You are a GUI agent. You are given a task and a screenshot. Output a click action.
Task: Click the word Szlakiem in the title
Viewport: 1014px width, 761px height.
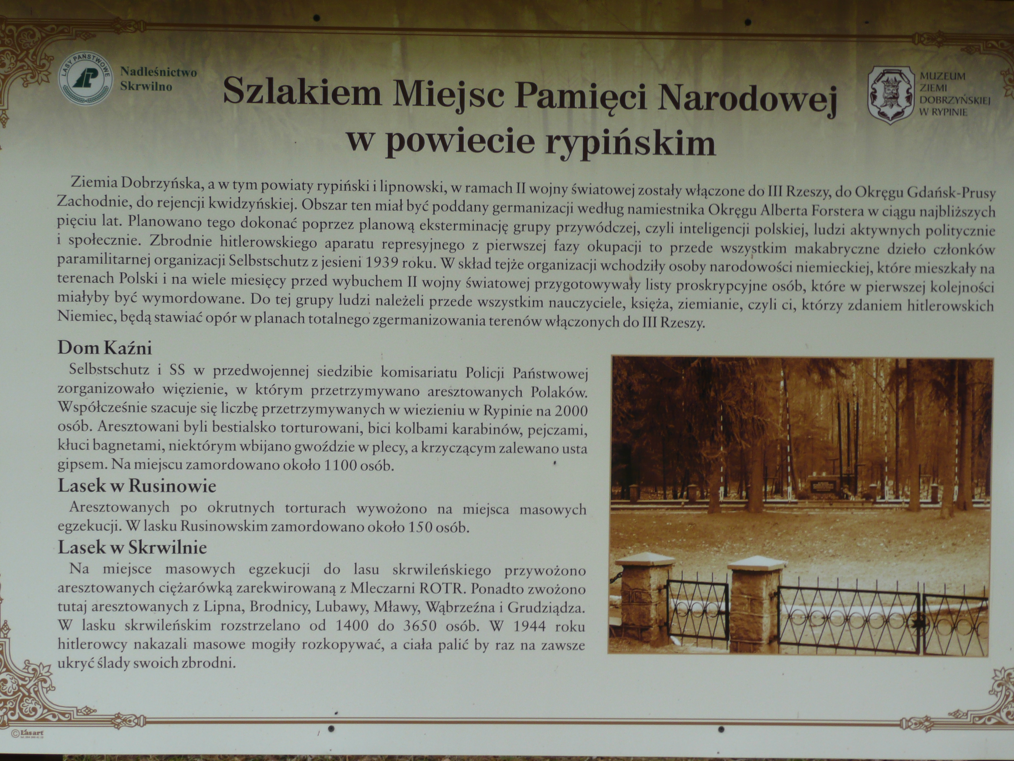(302, 92)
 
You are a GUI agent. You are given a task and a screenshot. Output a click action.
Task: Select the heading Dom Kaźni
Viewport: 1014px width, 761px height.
(105, 348)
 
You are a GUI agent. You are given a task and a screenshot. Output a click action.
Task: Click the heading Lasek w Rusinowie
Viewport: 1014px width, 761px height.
(137, 486)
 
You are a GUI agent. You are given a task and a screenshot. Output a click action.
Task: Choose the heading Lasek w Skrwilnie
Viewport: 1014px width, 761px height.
(132, 547)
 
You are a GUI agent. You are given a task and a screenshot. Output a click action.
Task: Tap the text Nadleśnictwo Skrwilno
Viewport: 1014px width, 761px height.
(158, 79)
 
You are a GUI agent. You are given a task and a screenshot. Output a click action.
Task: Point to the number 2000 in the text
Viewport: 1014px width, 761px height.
(571, 411)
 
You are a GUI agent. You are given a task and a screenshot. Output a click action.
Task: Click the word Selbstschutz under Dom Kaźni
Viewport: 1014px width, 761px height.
(109, 370)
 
